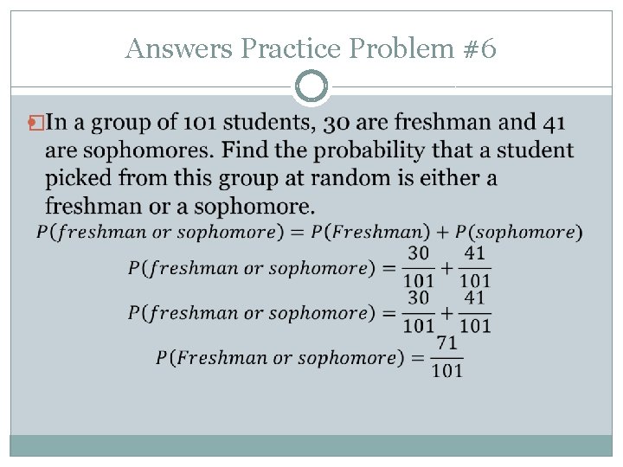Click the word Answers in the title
tap(179, 49)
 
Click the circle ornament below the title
tap(311, 86)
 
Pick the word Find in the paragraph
tap(247, 151)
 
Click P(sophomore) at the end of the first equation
tap(519, 232)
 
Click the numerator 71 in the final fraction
tap(446, 343)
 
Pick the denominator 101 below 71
tap(446, 370)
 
